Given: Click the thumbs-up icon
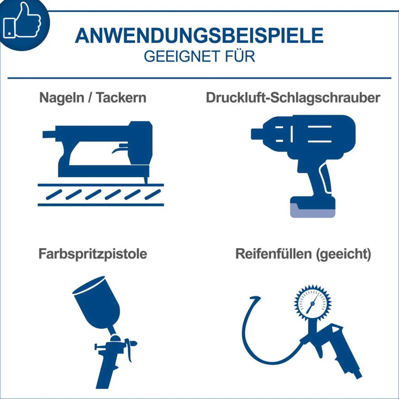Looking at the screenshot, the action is pyautogui.click(x=22, y=21).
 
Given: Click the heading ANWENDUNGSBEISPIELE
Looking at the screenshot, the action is pyautogui.click(x=199, y=35).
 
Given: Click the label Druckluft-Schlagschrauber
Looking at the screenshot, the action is pyautogui.click(x=293, y=97).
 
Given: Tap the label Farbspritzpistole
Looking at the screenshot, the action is pyautogui.click(x=93, y=254).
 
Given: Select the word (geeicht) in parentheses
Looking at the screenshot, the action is pyautogui.click(x=343, y=254).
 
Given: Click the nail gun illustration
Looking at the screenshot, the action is pyautogui.click(x=101, y=163).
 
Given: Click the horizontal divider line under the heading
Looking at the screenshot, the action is pyautogui.click(x=199, y=78).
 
